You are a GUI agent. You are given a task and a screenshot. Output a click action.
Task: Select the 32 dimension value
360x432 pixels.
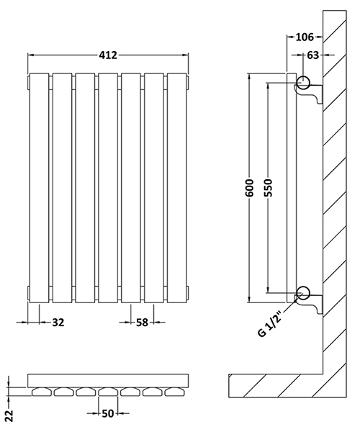coord(58,323)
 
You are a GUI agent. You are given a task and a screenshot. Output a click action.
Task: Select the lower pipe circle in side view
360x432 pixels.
coord(303,292)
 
